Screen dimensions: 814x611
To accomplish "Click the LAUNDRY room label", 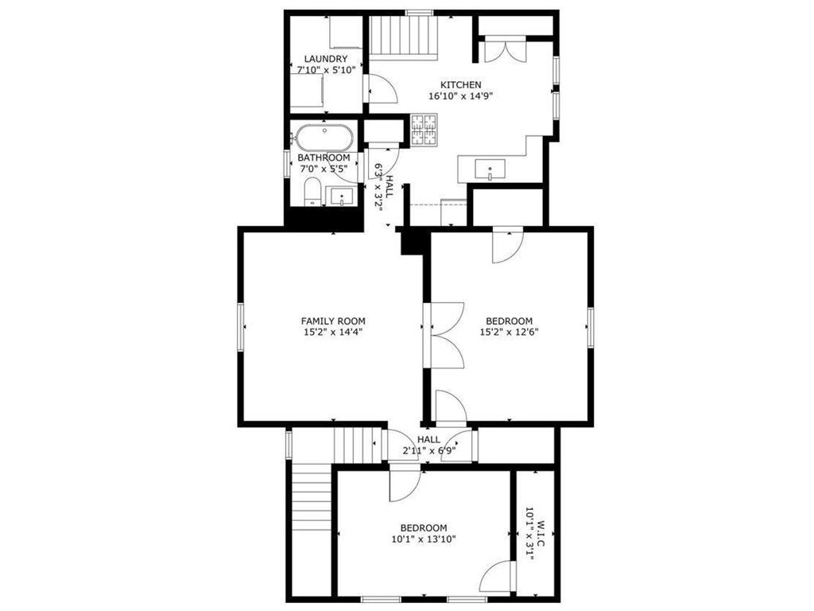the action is click(325, 59).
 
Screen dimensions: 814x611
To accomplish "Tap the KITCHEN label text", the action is click(460, 84).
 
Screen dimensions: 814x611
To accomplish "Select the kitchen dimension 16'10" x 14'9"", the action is click(460, 95).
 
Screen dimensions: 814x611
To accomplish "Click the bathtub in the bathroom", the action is click(323, 137).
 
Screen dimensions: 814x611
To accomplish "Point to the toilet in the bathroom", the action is click(312, 191).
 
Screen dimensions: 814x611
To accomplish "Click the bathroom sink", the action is click(341, 197).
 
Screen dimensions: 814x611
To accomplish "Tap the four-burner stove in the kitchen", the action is click(424, 130).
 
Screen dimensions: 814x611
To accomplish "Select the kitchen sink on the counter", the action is click(490, 169).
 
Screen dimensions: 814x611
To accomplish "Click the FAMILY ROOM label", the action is click(333, 321).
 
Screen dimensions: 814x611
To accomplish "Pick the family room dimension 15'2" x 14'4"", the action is click(333, 332).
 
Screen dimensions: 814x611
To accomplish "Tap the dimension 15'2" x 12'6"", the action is click(509, 332).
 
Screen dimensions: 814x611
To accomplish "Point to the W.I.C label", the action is click(540, 532).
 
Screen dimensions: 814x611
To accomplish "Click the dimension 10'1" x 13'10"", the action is click(424, 539).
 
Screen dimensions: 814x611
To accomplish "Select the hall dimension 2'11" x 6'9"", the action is click(428, 450).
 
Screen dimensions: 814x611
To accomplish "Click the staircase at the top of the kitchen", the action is click(404, 35).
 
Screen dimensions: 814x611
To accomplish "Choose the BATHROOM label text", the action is click(324, 158).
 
